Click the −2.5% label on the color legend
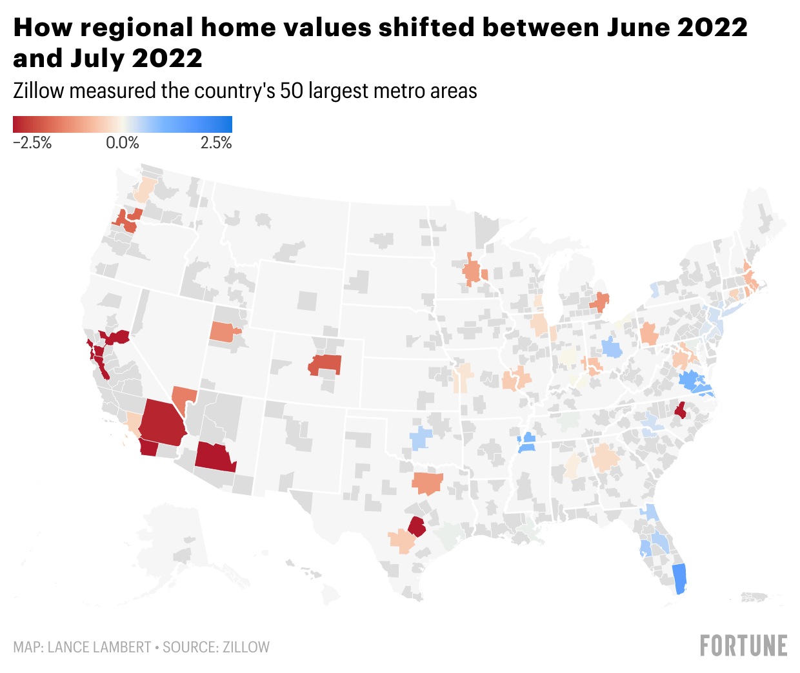[32, 143]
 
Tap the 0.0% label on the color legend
[123, 143]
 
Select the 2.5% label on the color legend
[216, 143]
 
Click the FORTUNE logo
[744, 645]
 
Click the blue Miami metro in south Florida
[679, 578]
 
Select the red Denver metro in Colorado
[326, 364]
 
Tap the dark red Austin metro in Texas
[417, 527]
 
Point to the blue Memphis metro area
[527, 443]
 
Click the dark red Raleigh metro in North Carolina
[680, 409]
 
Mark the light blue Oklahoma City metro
[420, 438]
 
